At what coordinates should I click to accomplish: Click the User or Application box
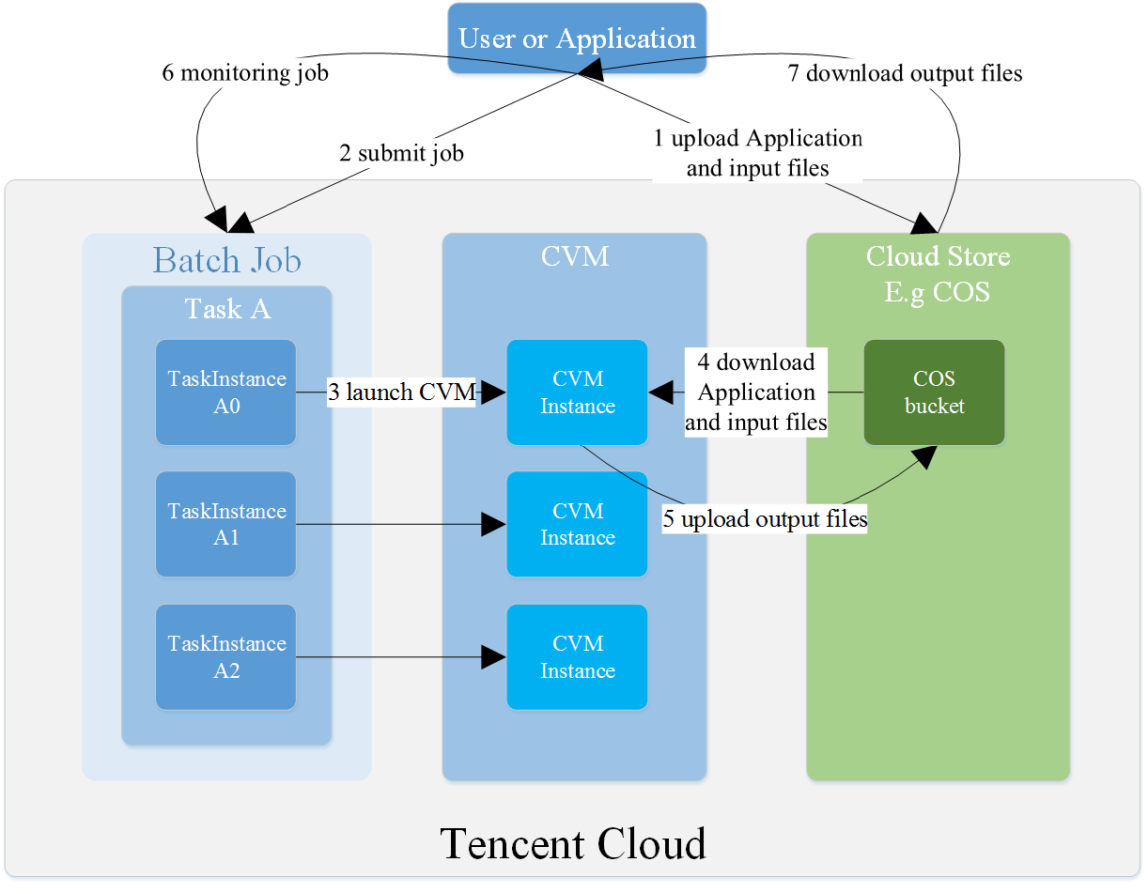pos(577,38)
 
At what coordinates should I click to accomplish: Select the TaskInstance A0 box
pos(225,393)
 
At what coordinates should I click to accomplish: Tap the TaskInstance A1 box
pos(225,524)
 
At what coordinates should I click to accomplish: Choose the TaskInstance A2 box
pos(225,657)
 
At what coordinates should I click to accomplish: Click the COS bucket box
pos(934,393)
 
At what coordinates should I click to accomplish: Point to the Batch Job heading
pos(226,260)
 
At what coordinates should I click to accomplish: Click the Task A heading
pos(227,308)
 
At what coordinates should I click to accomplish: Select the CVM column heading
pos(574,256)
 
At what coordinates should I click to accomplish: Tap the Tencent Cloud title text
pos(573,843)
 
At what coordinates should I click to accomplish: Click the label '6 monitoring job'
pos(245,72)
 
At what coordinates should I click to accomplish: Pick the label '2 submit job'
pos(401,153)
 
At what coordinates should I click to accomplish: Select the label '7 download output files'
pos(905,73)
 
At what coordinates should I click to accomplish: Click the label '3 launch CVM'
pos(401,392)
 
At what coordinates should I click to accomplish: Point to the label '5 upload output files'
pos(765,518)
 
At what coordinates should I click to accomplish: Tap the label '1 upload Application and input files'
pos(757,153)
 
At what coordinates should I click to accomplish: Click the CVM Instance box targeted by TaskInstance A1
pos(577,524)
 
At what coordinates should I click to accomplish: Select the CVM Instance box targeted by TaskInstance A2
pos(577,657)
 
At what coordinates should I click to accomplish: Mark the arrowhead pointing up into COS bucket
pos(925,456)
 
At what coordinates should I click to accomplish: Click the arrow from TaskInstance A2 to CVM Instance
pos(401,657)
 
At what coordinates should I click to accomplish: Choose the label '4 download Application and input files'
pos(756,392)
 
